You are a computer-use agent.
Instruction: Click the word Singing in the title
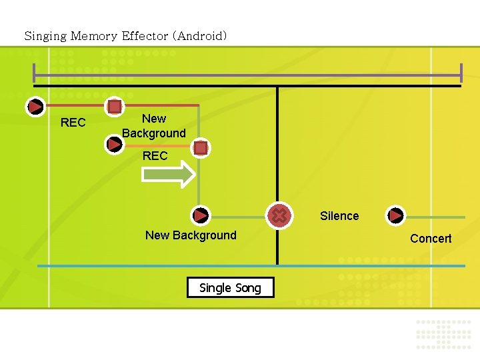point(45,36)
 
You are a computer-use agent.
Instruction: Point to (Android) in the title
point(199,36)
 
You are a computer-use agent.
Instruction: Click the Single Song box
point(230,287)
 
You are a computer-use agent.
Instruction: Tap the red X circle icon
point(279,215)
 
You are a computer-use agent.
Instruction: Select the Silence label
point(339,216)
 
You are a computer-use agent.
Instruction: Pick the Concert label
point(431,239)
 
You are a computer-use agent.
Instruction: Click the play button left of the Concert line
point(396,215)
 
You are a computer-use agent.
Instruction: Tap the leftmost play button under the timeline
point(35,106)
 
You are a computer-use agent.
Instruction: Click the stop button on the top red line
point(115,106)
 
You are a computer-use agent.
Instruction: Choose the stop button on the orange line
point(201,148)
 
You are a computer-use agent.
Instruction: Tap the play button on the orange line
point(114,143)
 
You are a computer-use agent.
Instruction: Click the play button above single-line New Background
point(201,215)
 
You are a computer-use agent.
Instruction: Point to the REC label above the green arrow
point(155,156)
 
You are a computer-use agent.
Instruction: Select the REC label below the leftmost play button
point(73,123)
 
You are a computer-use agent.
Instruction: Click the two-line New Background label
point(154,126)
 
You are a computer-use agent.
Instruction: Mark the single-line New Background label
point(191,235)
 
